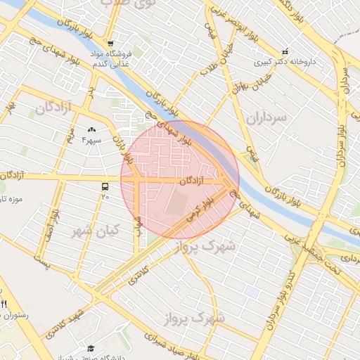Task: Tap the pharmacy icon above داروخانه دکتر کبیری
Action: pos(285,51)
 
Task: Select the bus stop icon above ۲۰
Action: pos(105,186)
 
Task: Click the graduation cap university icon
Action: pos(91,349)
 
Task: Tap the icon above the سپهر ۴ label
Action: pos(92,130)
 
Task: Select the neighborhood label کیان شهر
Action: pos(97,230)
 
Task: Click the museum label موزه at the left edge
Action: pos(13,199)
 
